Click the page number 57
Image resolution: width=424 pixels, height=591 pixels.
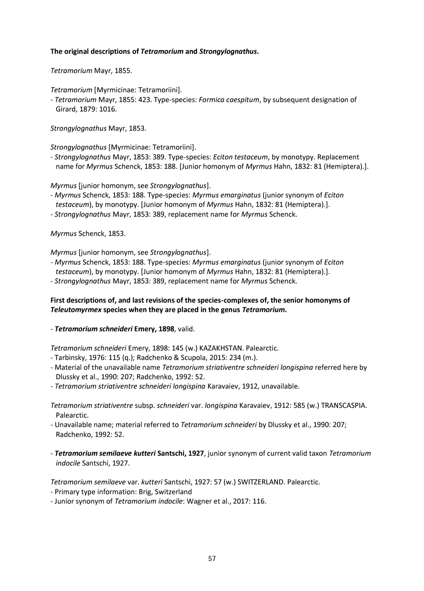(x=212, y=558)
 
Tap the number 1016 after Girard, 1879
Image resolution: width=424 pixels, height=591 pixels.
(x=108, y=109)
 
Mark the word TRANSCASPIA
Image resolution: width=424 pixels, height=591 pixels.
(x=344, y=405)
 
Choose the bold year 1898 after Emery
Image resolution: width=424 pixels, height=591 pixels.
(x=166, y=329)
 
